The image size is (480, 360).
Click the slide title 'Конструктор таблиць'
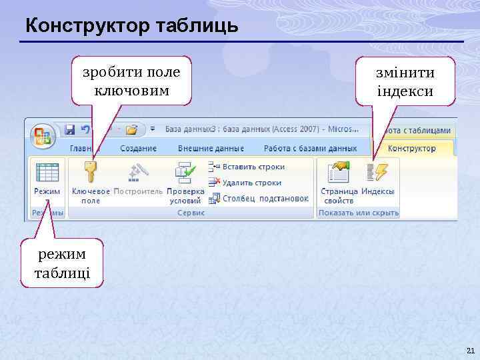tap(131, 26)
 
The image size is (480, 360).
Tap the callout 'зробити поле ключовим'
tap(131, 81)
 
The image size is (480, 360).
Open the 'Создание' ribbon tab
tap(139, 149)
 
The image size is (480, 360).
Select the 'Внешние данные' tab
tap(211, 149)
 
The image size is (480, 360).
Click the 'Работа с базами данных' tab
tap(310, 149)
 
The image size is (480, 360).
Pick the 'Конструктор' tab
tap(411, 149)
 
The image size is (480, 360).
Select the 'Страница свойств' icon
tap(339, 173)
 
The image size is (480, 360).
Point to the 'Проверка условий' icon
tap(185, 173)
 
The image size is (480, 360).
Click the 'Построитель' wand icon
tap(137, 173)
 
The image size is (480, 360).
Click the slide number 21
tap(471, 351)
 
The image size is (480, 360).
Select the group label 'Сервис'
tap(191, 213)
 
